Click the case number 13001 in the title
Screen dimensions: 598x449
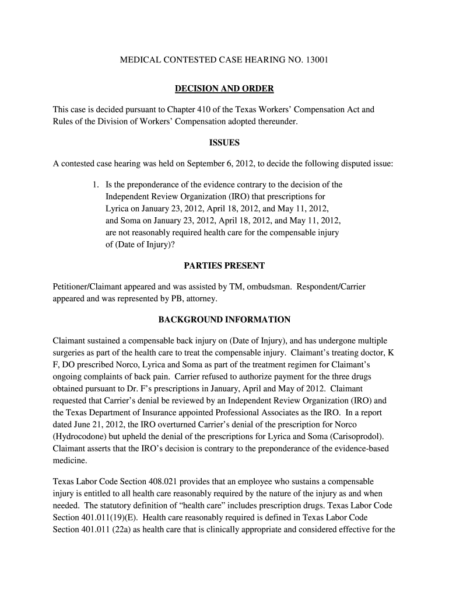tap(317, 60)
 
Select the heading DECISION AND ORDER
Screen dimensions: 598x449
tap(224, 89)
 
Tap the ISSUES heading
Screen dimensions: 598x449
tap(224, 142)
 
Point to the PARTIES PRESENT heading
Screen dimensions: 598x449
tap(224, 266)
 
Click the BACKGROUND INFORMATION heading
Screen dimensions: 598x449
tap(224, 319)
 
